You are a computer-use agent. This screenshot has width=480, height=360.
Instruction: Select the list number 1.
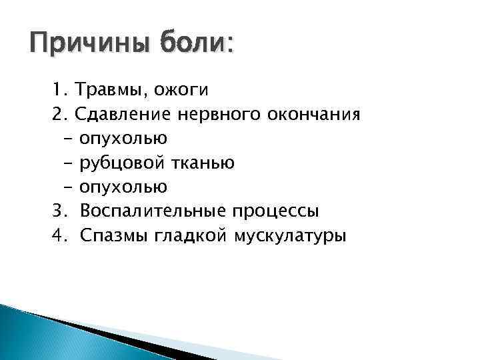(x=59, y=89)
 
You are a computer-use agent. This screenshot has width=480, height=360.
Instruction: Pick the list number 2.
(x=59, y=114)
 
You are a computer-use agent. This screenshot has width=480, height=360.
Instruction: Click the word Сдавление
(x=124, y=114)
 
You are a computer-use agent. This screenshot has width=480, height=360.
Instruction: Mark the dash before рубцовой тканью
(x=69, y=163)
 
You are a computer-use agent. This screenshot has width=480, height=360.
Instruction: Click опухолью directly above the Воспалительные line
(x=124, y=187)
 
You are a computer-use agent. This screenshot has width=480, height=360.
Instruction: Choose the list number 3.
(x=59, y=211)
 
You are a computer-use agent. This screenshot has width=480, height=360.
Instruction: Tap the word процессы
(x=275, y=211)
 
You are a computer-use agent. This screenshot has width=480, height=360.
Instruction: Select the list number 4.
(x=59, y=236)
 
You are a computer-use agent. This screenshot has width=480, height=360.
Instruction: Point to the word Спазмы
(x=113, y=236)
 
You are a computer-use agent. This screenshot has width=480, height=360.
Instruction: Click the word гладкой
(x=189, y=236)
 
